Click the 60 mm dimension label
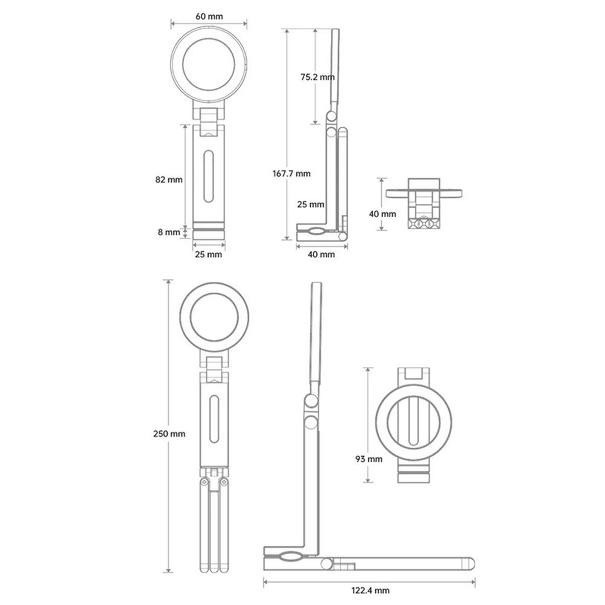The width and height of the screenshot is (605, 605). point(209,16)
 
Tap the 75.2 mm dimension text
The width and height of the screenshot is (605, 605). point(318,77)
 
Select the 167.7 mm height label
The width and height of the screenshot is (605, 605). point(292,174)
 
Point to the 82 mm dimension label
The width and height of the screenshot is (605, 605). point(169,180)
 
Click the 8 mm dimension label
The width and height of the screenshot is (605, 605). point(169,232)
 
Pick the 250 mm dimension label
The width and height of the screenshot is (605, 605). point(169,434)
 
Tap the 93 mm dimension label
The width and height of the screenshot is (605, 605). point(368,459)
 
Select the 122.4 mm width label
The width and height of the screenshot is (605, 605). point(370,590)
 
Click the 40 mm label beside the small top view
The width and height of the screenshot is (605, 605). point(382,214)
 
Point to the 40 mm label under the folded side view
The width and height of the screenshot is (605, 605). point(321,254)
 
